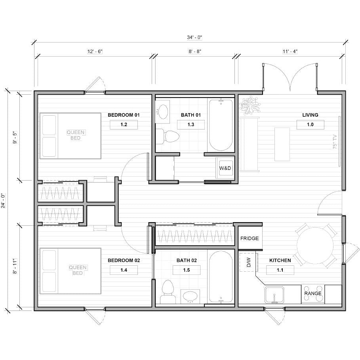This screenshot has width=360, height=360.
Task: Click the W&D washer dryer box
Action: pyautogui.click(x=225, y=168)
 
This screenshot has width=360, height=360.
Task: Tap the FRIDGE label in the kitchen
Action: pyautogui.click(x=250, y=238)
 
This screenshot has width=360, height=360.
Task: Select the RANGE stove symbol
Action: pyautogui.click(x=313, y=294)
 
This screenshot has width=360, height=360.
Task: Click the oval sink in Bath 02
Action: pyautogui.click(x=191, y=296)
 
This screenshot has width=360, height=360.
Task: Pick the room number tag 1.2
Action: pyautogui.click(x=124, y=124)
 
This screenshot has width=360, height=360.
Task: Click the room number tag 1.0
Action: pyautogui.click(x=310, y=124)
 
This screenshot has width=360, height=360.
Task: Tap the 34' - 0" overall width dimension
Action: pyautogui.click(x=194, y=37)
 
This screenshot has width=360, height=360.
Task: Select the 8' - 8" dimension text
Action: pyautogui.click(x=194, y=51)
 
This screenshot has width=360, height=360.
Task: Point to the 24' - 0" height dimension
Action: pyautogui.click(x=4, y=200)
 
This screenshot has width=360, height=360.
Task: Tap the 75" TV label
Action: pyautogui.click(x=335, y=141)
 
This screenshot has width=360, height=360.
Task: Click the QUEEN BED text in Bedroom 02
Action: pyautogui.click(x=78, y=270)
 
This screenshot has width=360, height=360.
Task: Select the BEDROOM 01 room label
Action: pyautogui.click(x=124, y=115)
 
